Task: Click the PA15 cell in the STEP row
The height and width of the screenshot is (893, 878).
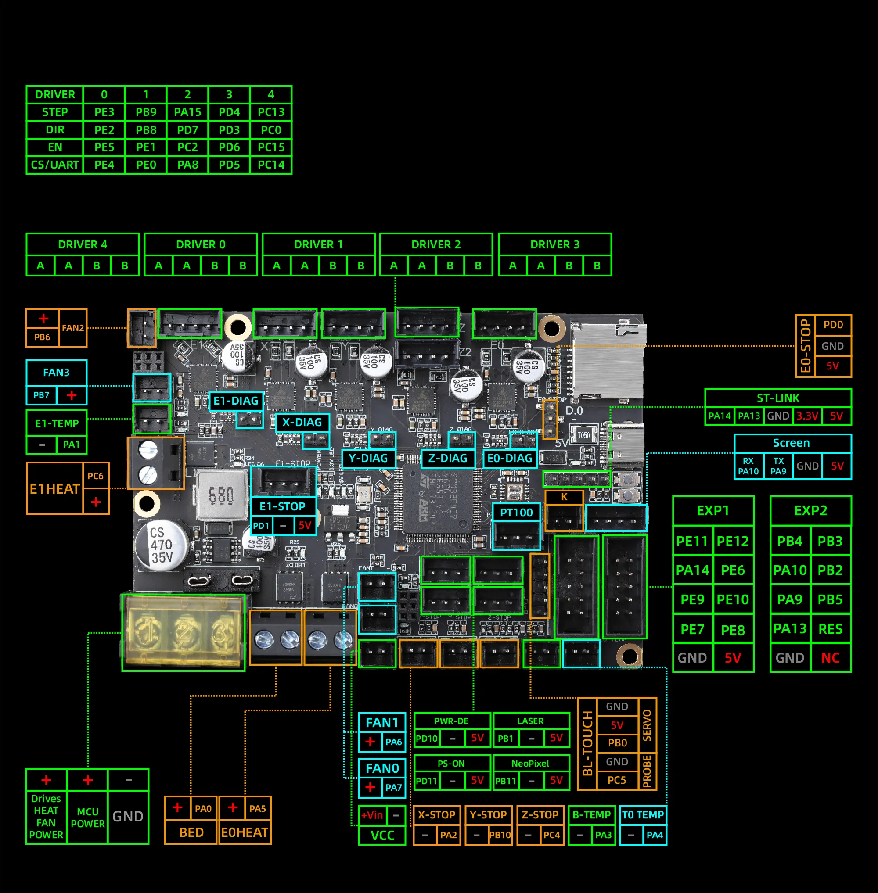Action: point(188,112)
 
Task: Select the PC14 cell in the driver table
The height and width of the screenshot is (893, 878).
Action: point(271,165)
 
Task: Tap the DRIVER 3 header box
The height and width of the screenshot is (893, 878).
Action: point(555,244)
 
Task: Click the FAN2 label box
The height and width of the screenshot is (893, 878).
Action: point(73,328)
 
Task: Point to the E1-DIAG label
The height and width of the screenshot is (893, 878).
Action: point(236,401)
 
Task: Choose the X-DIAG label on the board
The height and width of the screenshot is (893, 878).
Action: point(302,422)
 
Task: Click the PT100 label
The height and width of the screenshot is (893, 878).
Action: point(516,512)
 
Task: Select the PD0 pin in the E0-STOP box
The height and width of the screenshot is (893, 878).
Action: point(833,325)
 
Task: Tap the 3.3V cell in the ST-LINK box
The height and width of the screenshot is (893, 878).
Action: point(807,416)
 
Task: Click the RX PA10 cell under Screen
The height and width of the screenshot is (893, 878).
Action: point(748,466)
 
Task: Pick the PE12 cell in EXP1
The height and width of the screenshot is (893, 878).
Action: point(733,541)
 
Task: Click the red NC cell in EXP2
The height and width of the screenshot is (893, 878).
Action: point(830,658)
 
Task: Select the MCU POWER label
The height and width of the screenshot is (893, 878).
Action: point(88,818)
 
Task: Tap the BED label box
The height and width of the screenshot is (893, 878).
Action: point(191,832)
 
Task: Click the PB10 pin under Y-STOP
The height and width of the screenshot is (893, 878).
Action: point(500,835)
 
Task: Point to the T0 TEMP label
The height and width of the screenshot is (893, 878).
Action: point(643,814)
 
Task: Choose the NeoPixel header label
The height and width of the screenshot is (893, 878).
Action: point(530,764)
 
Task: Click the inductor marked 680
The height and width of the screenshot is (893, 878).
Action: point(221,495)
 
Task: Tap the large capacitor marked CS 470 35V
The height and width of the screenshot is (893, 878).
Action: point(162,545)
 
